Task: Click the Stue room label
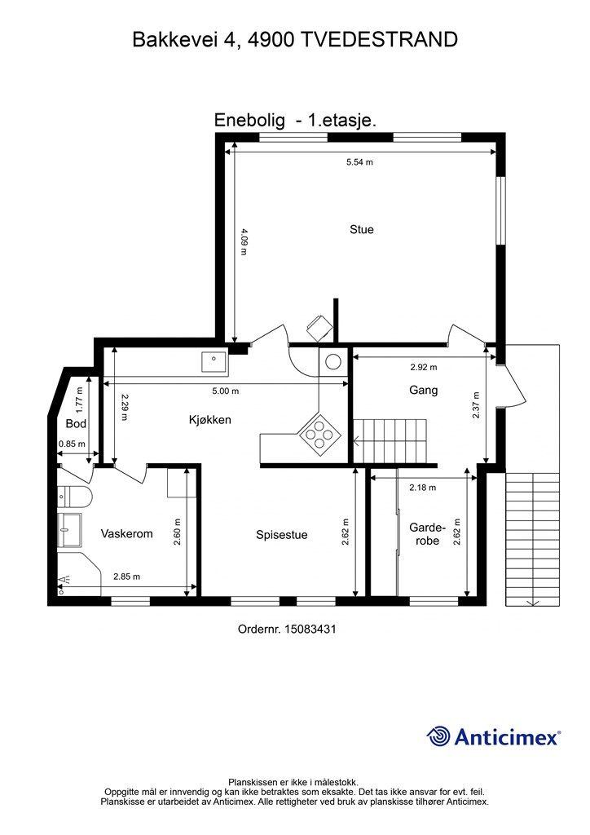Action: coord(361,229)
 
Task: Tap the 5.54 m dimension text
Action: coord(359,162)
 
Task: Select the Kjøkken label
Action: coord(210,420)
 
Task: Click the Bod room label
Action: coord(76,424)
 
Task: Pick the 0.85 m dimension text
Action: coord(71,443)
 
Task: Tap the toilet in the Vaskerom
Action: coord(75,496)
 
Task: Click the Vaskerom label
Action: coord(126,533)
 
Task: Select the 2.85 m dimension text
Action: coord(126,577)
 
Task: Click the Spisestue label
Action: coord(281,535)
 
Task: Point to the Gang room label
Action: coord(424,390)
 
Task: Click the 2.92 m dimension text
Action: coord(424,367)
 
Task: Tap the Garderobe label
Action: coord(427,534)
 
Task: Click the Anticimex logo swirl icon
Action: coord(438,736)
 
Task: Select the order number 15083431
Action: coord(310,629)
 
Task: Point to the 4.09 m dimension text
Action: coord(243,241)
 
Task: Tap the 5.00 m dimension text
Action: coord(226,391)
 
